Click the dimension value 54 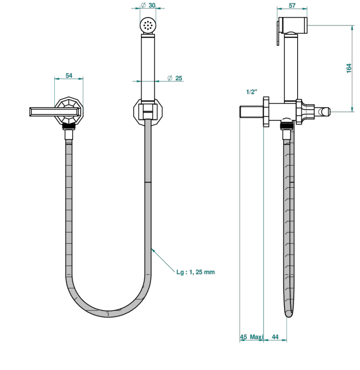pos(68,75)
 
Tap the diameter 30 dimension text pos(148,5)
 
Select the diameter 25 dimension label pos(175,78)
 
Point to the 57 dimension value pos(292,5)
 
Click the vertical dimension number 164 pos(349,68)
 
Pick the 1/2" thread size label pos(252,92)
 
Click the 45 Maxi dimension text pos(252,337)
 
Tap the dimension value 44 pos(275,337)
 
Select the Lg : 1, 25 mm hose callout pos(195,272)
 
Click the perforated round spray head pos(148,24)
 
